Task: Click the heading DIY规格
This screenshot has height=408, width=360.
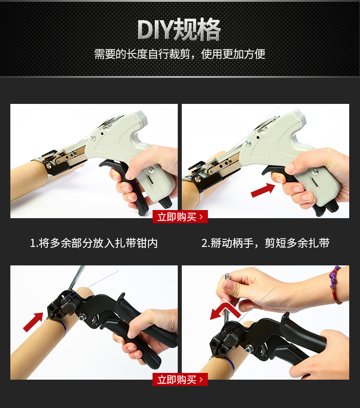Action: tap(179, 30)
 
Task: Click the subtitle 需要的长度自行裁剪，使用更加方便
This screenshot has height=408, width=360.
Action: tap(180, 54)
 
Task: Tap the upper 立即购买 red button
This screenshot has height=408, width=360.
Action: tap(180, 216)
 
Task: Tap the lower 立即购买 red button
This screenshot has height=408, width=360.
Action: tap(180, 379)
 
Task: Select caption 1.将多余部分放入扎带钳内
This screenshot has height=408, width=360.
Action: tap(94, 243)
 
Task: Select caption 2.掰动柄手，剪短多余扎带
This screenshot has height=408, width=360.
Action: tap(265, 243)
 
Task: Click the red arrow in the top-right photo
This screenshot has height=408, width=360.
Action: tap(263, 190)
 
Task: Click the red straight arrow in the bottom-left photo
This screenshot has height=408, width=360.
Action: tap(33, 322)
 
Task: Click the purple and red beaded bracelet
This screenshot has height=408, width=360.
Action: tap(336, 284)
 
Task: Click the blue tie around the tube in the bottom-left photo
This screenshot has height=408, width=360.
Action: tap(63, 328)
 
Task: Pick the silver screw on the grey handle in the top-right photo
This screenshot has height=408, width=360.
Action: tap(315, 172)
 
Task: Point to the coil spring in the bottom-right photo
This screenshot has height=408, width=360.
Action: tap(264, 350)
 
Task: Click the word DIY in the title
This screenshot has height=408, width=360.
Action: tap(155, 30)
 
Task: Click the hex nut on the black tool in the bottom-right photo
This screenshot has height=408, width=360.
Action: tap(249, 348)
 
